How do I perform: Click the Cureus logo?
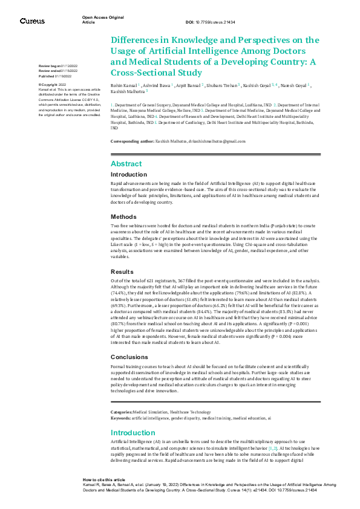click(32, 21)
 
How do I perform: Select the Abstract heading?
click(126, 164)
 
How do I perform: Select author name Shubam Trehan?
click(221, 86)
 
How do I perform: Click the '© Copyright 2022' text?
click(53, 85)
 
